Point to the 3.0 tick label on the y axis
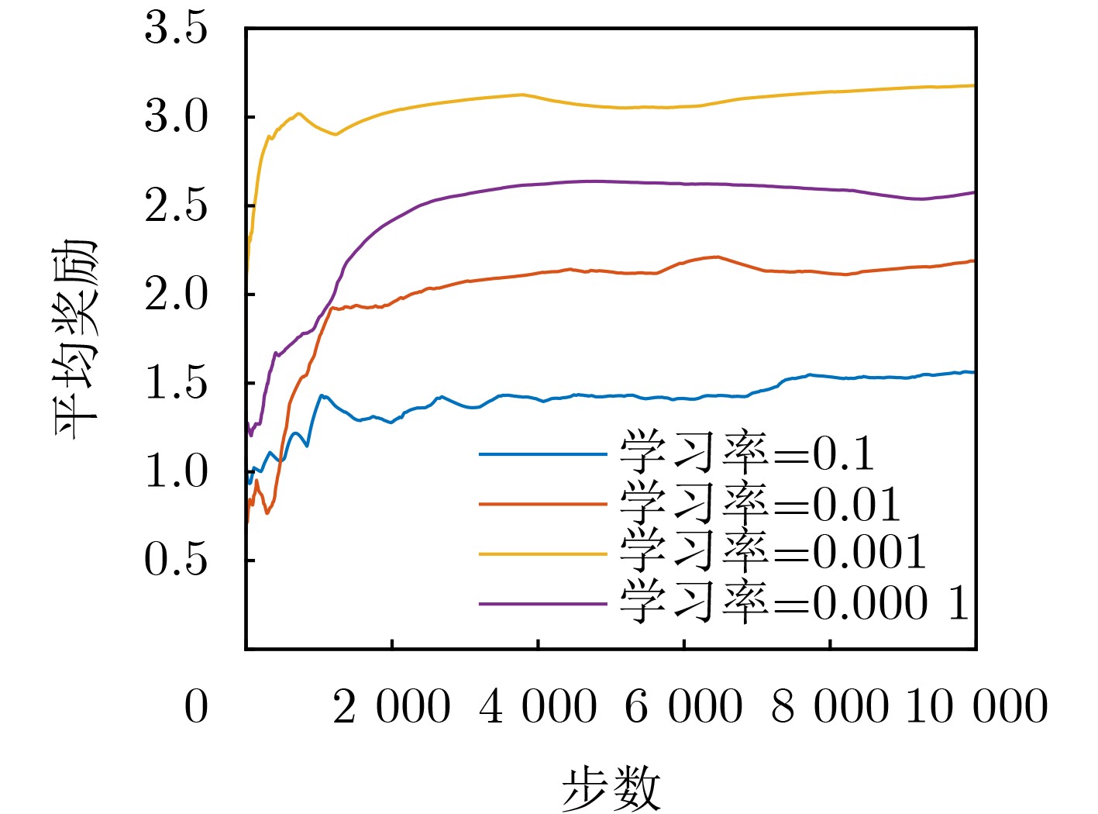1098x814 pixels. (x=176, y=118)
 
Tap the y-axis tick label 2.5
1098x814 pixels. (x=176, y=206)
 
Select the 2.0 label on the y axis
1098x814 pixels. (x=176, y=295)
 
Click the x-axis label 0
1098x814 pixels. (x=196, y=707)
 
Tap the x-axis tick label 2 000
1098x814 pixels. (x=391, y=707)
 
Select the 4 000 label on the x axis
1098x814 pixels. (x=538, y=707)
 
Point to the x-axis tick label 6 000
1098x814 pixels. (x=683, y=707)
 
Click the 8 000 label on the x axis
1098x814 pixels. (x=829, y=707)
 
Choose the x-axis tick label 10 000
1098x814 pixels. (x=976, y=707)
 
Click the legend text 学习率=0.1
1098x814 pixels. (x=747, y=454)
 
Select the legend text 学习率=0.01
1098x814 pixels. (x=760, y=504)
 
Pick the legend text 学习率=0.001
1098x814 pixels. (x=773, y=553)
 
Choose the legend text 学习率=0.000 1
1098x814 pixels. (x=795, y=602)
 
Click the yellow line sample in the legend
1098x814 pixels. (x=542, y=554)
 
